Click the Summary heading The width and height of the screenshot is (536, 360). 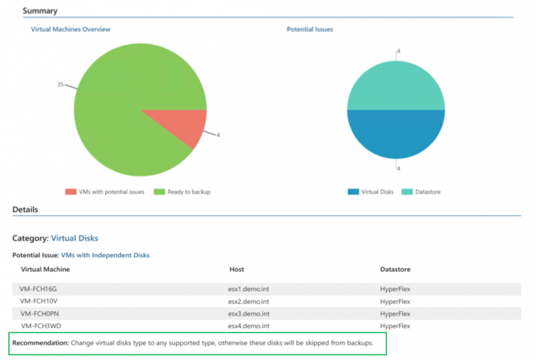39,11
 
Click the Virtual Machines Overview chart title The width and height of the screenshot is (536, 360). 70,29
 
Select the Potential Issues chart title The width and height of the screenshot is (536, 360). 309,29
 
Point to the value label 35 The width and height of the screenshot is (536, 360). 60,84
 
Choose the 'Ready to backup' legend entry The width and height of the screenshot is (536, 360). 183,191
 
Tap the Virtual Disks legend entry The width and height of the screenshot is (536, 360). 371,191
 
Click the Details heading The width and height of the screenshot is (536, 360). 25,209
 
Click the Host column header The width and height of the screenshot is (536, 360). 237,270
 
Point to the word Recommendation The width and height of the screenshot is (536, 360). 40,342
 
